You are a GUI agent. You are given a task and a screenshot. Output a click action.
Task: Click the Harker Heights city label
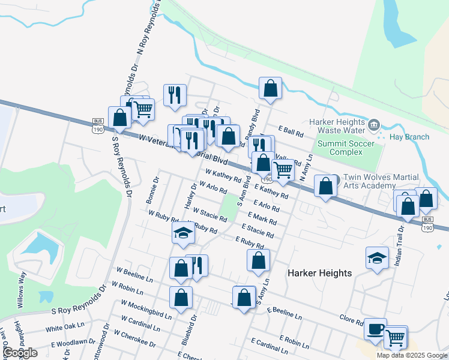pos(319,273)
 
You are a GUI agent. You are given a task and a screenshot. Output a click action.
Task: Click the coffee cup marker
pos(375,329)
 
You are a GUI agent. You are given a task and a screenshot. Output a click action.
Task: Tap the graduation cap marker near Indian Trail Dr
pos(377,259)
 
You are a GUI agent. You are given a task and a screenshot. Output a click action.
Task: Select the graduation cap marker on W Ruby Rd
pos(184,233)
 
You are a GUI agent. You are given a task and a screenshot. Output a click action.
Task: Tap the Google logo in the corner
pos(20,353)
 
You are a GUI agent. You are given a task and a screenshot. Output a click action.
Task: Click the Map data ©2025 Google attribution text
pos(412,355)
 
